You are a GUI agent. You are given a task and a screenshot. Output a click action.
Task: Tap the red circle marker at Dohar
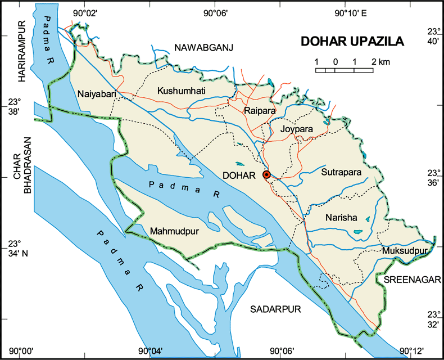click(267, 175)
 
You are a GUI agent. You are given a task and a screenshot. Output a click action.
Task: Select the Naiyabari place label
click(97, 94)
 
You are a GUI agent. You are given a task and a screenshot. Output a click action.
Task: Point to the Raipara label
click(260, 111)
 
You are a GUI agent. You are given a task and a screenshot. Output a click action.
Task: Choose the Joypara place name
click(296, 129)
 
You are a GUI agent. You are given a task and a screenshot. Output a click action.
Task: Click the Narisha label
click(341, 218)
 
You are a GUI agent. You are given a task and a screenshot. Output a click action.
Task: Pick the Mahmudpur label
click(174, 230)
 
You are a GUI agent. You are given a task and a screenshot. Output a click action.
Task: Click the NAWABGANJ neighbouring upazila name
click(203, 47)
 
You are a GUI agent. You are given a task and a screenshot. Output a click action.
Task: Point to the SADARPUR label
click(276, 309)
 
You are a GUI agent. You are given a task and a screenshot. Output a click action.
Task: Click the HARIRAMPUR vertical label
click(22, 52)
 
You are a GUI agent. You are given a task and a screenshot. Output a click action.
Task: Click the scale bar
click(344, 70)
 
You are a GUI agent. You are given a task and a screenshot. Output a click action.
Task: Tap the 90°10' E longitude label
click(351, 12)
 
